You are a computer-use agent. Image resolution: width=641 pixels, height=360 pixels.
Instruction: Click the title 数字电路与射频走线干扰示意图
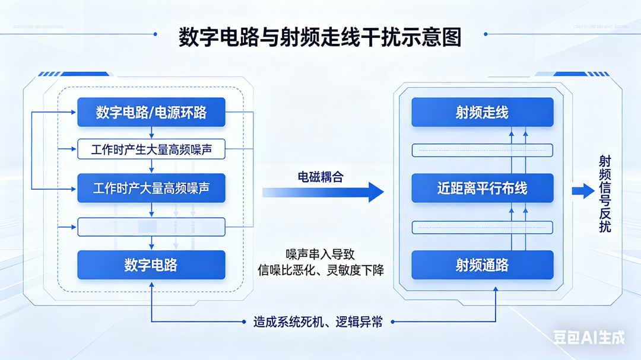click(320, 37)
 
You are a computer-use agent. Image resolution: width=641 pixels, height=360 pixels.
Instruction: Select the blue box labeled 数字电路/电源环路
click(151, 112)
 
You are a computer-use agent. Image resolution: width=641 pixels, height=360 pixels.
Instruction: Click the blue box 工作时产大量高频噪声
click(151, 189)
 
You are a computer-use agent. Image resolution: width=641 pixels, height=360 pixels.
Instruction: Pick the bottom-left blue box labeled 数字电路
click(151, 265)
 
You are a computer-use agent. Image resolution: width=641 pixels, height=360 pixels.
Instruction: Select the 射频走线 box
click(482, 112)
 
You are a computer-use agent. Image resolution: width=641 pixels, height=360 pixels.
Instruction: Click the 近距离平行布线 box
click(482, 189)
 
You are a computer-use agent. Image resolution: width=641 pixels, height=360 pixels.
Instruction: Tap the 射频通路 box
click(482, 265)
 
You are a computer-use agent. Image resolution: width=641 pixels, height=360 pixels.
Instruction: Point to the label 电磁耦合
click(320, 177)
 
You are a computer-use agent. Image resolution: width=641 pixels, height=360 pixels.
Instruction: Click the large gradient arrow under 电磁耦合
click(323, 192)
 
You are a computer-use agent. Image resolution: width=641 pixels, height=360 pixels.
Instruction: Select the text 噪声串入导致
click(320, 254)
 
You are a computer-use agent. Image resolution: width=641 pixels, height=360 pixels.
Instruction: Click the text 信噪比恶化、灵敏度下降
click(320, 270)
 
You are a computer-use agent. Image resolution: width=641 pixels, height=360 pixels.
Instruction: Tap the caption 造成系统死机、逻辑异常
click(318, 323)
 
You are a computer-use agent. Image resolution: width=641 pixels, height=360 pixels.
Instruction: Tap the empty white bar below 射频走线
click(482, 150)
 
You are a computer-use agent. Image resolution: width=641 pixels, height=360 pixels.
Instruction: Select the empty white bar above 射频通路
click(482, 227)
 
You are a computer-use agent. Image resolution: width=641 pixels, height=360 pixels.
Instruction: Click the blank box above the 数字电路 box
click(151, 227)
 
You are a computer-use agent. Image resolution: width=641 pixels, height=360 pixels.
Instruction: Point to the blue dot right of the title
click(485, 34)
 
